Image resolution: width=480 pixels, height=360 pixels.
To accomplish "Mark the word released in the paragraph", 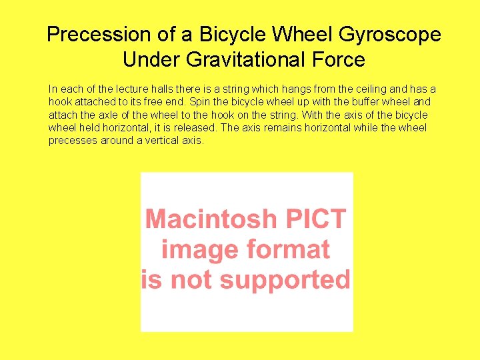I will pyautogui.click(x=195, y=127).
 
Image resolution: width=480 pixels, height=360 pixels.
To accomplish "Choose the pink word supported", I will pyautogui.click(x=285, y=279).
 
